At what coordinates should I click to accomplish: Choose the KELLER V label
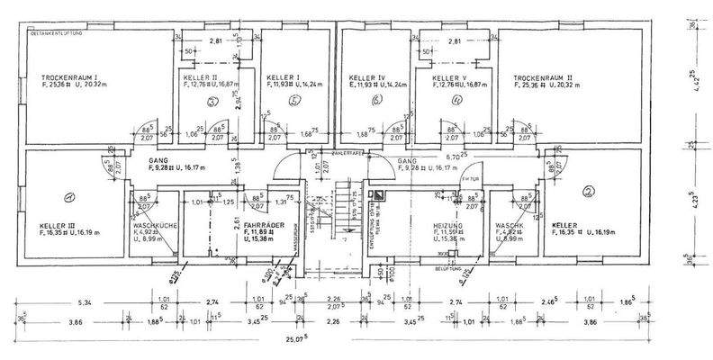(x=449, y=78)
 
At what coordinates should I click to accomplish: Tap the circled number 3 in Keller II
(x=212, y=102)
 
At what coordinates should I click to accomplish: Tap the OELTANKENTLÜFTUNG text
(x=56, y=33)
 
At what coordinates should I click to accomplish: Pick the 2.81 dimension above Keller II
(x=215, y=41)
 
